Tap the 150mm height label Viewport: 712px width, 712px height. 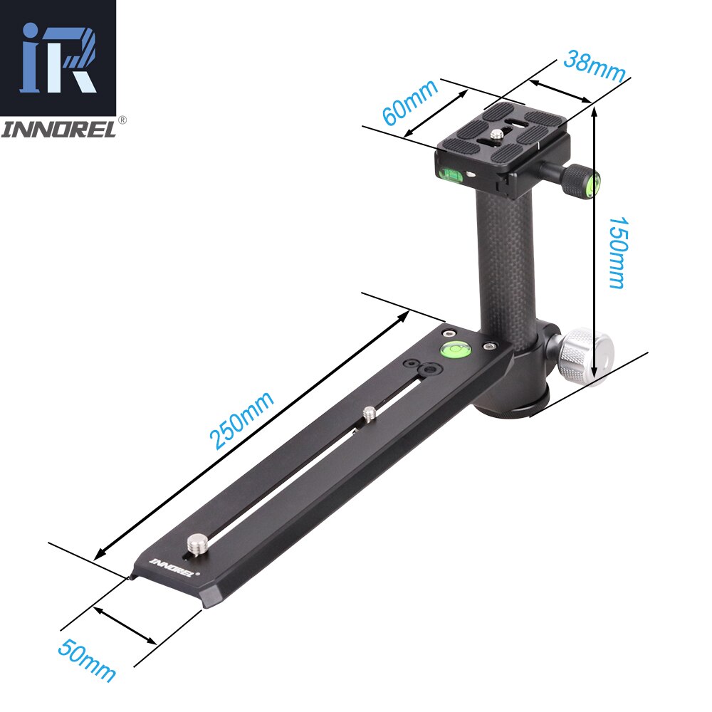(616, 252)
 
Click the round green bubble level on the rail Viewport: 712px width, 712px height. (453, 349)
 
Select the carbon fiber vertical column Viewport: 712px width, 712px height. (505, 256)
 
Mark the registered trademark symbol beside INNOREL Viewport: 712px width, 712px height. (122, 120)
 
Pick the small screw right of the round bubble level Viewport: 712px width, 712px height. (489, 345)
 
